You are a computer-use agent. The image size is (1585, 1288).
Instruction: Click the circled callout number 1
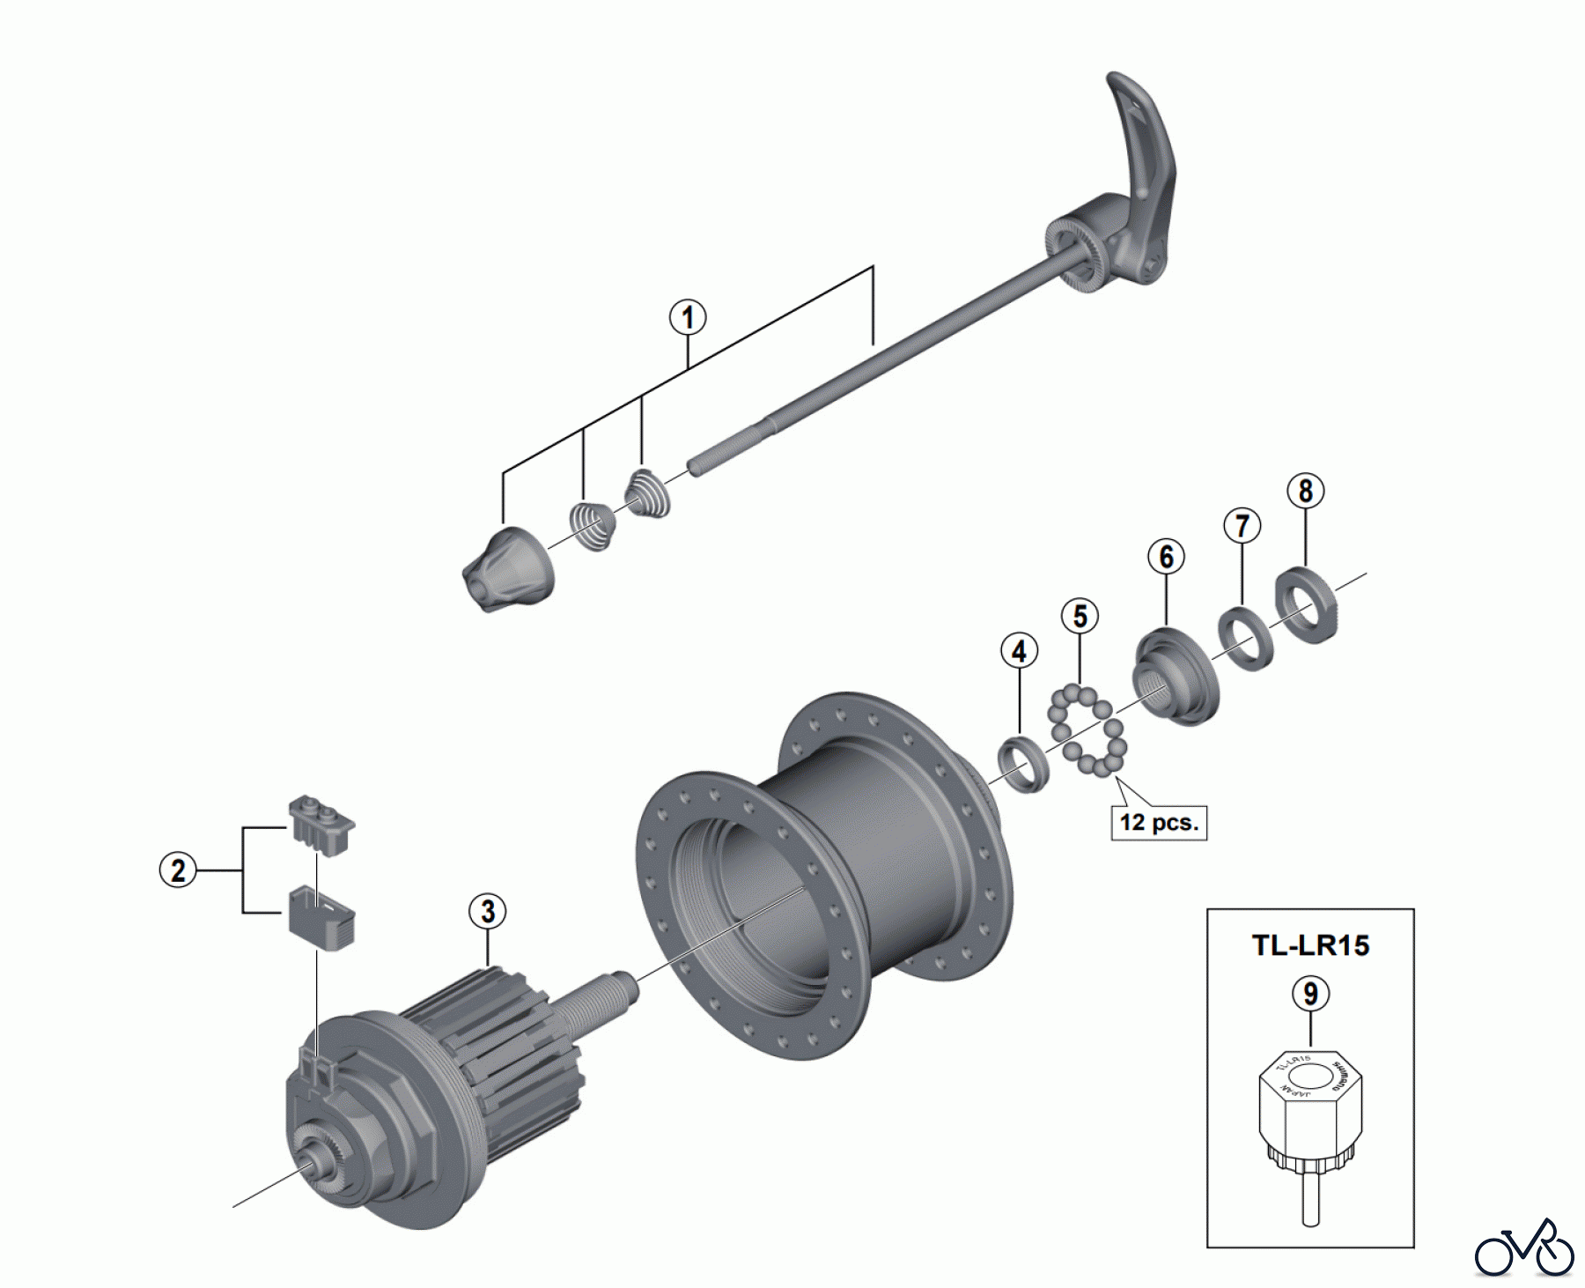(688, 317)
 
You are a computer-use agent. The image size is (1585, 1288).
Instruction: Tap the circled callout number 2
(178, 870)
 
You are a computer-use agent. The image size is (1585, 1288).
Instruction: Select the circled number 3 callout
(488, 911)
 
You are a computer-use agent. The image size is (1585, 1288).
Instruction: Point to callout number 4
(1019, 652)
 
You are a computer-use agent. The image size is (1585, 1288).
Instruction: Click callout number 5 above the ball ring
(1080, 617)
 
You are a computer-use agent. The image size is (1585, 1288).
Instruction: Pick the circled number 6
(1166, 557)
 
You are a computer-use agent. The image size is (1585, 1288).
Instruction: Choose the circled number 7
(1242, 526)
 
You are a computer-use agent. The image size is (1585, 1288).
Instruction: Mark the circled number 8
(1305, 491)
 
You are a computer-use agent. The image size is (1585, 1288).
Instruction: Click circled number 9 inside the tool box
(1310, 994)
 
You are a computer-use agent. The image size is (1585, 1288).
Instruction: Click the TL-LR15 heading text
(1310, 945)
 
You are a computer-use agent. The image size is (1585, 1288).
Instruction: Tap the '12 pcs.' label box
(1159, 823)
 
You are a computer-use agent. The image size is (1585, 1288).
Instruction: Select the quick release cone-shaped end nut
(508, 570)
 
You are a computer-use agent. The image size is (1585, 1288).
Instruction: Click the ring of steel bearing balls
(1087, 731)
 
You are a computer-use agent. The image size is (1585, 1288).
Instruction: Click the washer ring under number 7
(1245, 638)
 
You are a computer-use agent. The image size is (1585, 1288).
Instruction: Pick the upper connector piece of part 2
(322, 825)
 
